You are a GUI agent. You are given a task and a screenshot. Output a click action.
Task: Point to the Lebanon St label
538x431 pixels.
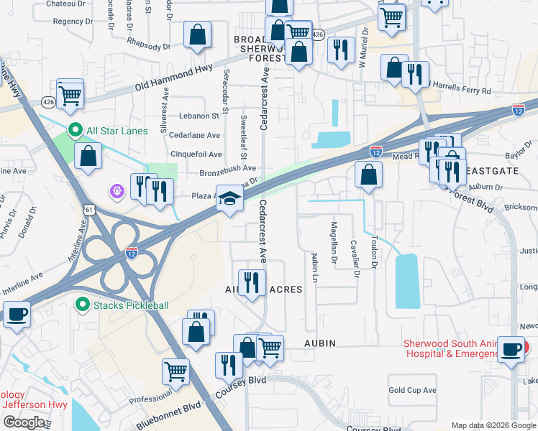(199, 116)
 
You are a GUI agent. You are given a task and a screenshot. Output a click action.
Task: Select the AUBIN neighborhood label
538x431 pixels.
(319, 344)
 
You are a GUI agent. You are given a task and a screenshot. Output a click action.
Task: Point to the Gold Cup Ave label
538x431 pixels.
(412, 390)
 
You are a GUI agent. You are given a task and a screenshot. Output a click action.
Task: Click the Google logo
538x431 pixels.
(23, 422)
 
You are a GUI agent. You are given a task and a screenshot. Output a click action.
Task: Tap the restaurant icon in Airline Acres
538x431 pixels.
(251, 282)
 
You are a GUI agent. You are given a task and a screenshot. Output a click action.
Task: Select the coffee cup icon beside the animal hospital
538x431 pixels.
(512, 350)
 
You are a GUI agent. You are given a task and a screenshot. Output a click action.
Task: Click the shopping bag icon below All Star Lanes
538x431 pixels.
(88, 157)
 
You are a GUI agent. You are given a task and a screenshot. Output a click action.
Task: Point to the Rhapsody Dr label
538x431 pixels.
(147, 45)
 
